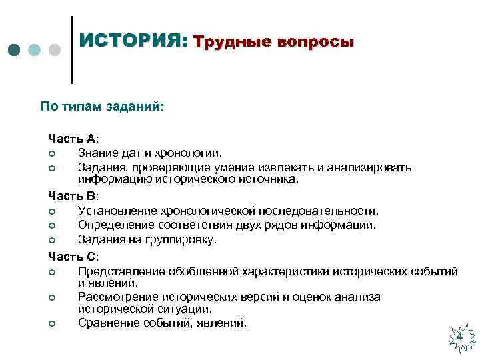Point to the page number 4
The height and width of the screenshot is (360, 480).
(459, 338)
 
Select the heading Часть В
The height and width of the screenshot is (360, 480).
(73, 197)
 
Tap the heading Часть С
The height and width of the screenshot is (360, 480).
(73, 256)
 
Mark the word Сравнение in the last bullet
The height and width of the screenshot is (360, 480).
(108, 323)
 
